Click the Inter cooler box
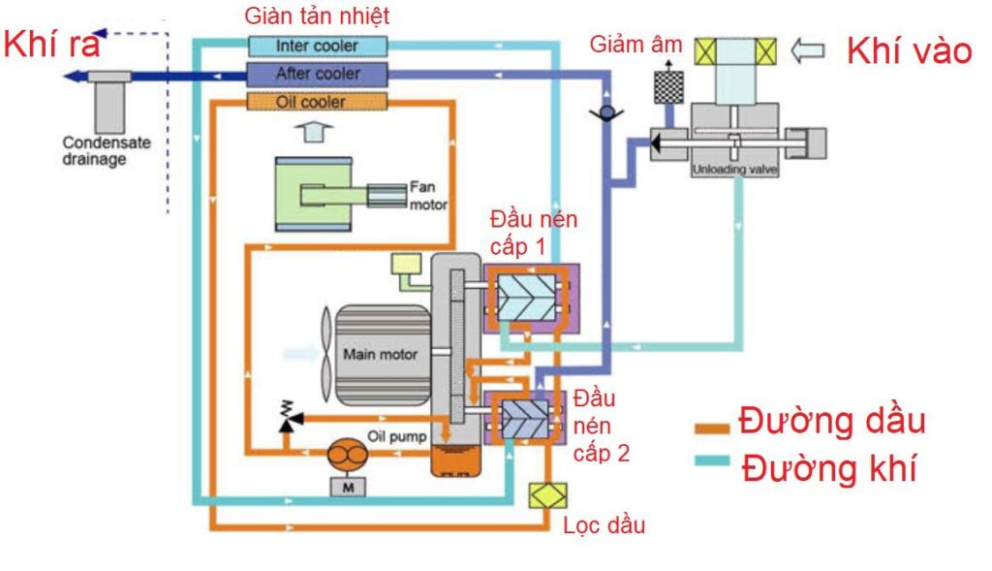click(317, 46)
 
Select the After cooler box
click(317, 74)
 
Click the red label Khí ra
click(53, 45)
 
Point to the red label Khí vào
click(909, 50)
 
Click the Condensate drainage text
click(107, 150)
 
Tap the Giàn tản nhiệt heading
click(317, 16)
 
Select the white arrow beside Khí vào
click(808, 48)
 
